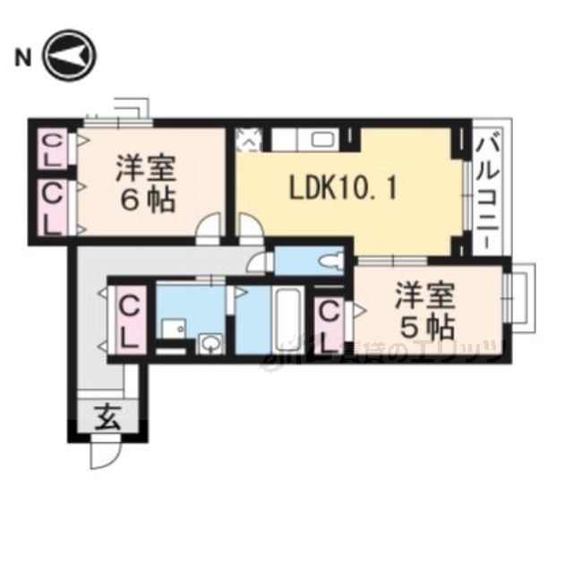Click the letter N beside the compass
tap(22, 60)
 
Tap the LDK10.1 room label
tap(343, 189)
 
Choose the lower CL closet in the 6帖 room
tap(54, 206)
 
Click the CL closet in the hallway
tap(130, 321)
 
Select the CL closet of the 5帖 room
tap(329, 324)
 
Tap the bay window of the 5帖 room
tap(520, 297)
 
